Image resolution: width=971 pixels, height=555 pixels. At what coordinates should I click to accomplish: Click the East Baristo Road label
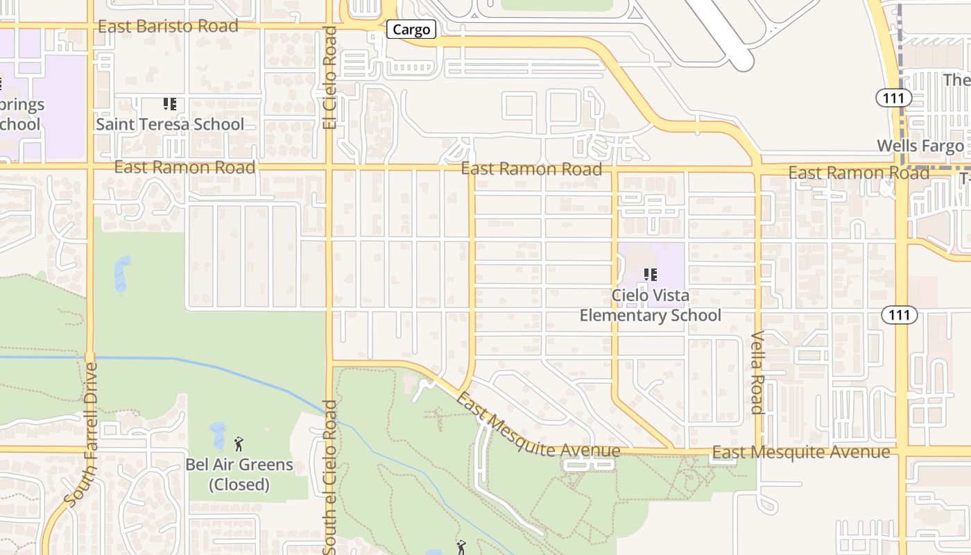coord(168,26)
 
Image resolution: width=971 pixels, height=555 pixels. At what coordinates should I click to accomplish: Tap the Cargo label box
coord(411,30)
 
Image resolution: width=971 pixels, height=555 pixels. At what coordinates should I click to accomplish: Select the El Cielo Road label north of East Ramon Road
coord(329,78)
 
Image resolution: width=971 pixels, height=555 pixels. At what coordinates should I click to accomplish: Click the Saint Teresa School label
coord(170,124)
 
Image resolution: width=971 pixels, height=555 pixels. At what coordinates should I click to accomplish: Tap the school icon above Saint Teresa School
coord(170,104)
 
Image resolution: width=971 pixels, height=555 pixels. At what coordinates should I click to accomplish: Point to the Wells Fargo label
coord(920,146)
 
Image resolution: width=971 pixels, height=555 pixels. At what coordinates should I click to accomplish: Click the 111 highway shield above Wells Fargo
coord(893,98)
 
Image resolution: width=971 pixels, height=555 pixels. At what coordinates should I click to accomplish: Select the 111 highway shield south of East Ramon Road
coord(900,315)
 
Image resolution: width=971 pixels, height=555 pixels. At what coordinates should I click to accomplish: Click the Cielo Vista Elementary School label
coord(651,305)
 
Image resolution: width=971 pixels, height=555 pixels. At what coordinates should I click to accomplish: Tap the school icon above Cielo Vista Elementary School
coord(651,275)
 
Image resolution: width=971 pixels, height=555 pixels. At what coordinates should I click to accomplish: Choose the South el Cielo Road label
coord(329,482)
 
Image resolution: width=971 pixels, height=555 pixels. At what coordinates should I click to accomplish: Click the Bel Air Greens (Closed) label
coord(239,474)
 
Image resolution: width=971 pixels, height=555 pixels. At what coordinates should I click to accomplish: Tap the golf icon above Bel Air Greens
coord(239,443)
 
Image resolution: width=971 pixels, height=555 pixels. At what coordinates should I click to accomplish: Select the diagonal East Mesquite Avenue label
coord(538,427)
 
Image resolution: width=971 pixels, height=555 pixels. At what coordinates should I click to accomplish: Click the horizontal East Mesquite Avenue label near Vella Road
coord(801,452)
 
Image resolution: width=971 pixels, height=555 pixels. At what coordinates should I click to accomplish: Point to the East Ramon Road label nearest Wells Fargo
coord(859,173)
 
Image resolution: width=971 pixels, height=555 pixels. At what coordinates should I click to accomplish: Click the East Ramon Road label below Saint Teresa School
coord(184,167)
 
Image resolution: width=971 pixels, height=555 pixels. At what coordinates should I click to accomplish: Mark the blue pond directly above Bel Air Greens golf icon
coord(218,434)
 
